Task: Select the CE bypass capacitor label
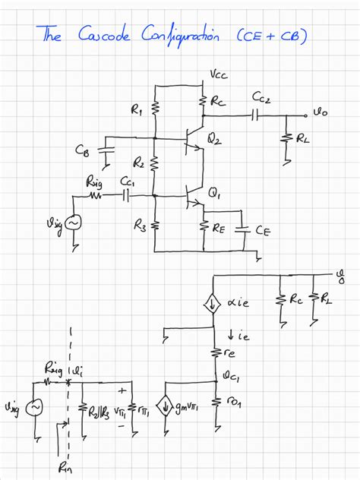click(x=264, y=230)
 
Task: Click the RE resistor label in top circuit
click(x=219, y=226)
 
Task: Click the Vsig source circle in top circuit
click(x=74, y=223)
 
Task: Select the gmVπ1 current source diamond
click(x=166, y=403)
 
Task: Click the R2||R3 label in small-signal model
click(x=96, y=413)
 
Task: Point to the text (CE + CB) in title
click(x=271, y=35)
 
